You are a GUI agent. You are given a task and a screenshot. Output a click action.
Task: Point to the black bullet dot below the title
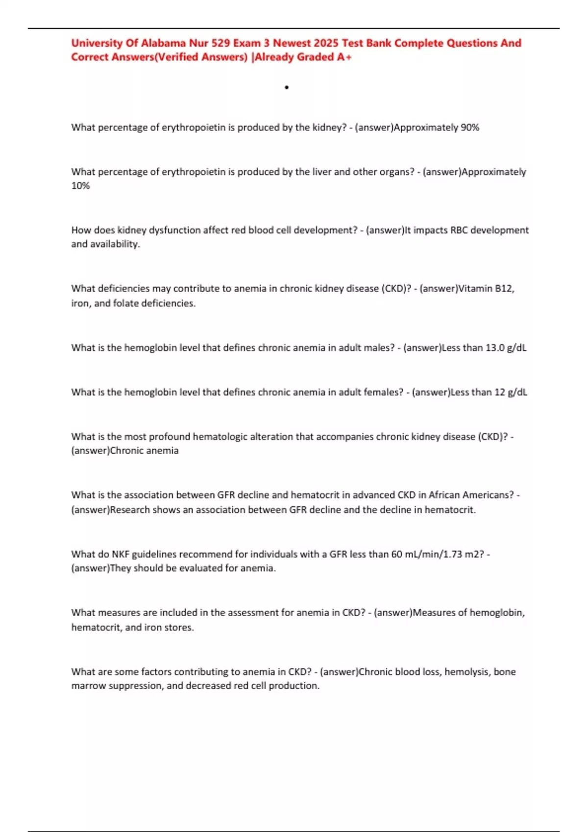(287, 88)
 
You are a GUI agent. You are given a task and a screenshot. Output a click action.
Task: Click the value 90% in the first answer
(470, 127)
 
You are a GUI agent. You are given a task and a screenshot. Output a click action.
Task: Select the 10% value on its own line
(80, 186)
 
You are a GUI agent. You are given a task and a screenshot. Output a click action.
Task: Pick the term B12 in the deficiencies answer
(504, 288)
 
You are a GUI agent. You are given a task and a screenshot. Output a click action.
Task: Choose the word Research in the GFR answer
(130, 509)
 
